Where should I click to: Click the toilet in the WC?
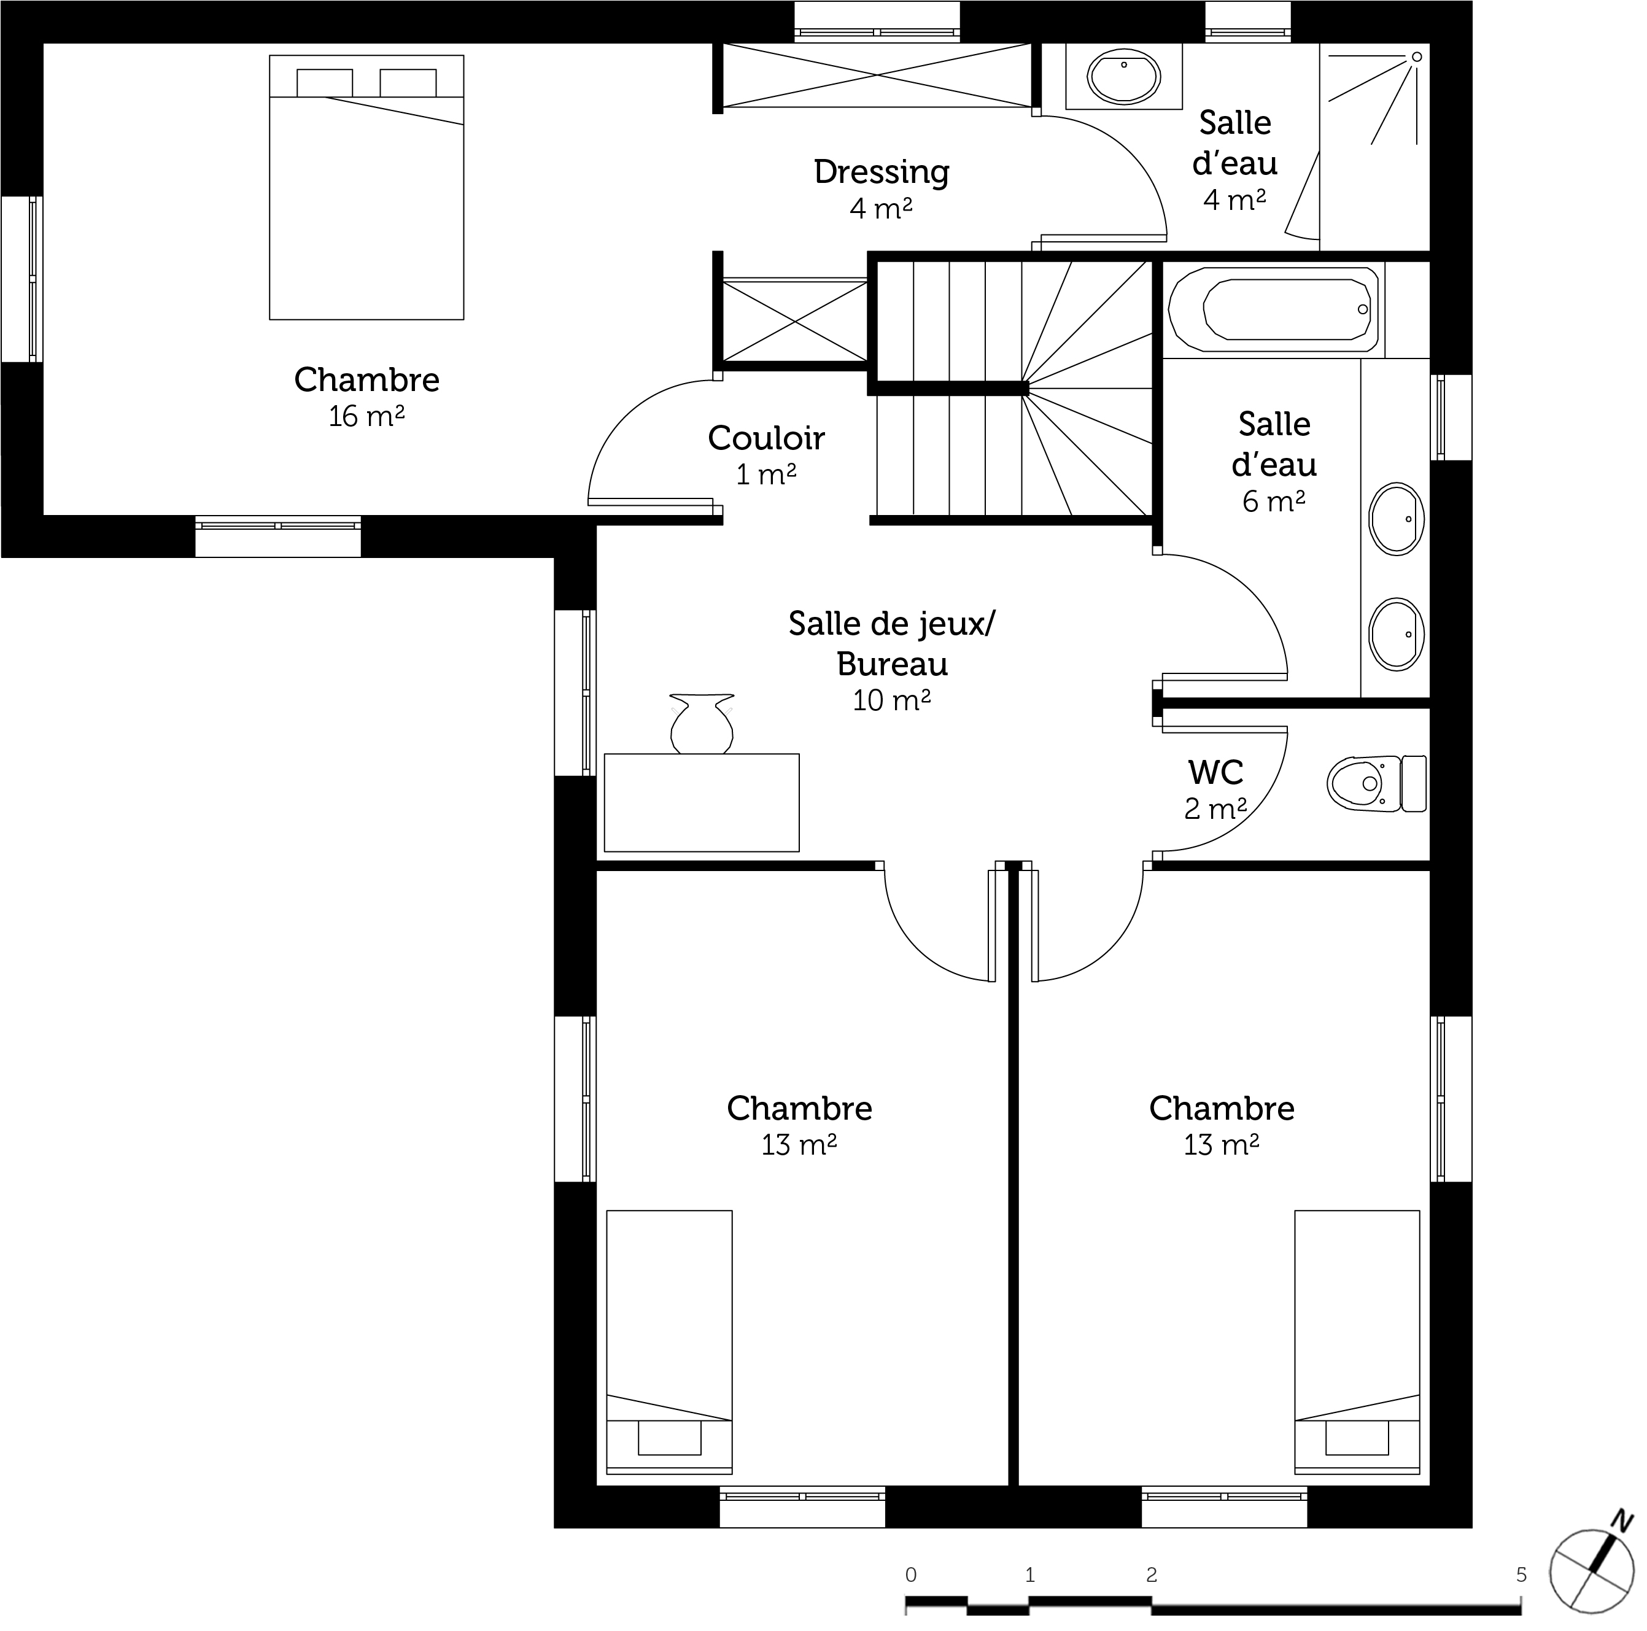pos(1377,783)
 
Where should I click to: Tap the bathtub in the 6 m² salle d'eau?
pos(1274,309)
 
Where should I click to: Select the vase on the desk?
pos(702,724)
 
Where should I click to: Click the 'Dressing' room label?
pos(882,172)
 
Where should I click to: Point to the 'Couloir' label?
pos(766,438)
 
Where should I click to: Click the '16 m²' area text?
pos(366,416)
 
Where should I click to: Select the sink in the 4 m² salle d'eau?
pos(1123,77)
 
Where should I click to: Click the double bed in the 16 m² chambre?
pos(366,188)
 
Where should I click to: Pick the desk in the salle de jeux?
pos(702,802)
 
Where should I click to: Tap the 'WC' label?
pos(1215,772)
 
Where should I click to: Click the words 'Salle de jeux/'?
pos(892,624)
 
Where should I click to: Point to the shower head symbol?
pos(1417,57)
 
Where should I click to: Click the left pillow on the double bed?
pos(325,83)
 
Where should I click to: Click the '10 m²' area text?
pos(892,701)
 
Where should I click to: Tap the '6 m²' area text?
pos(1274,502)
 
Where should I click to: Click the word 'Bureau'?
pos(893,664)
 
